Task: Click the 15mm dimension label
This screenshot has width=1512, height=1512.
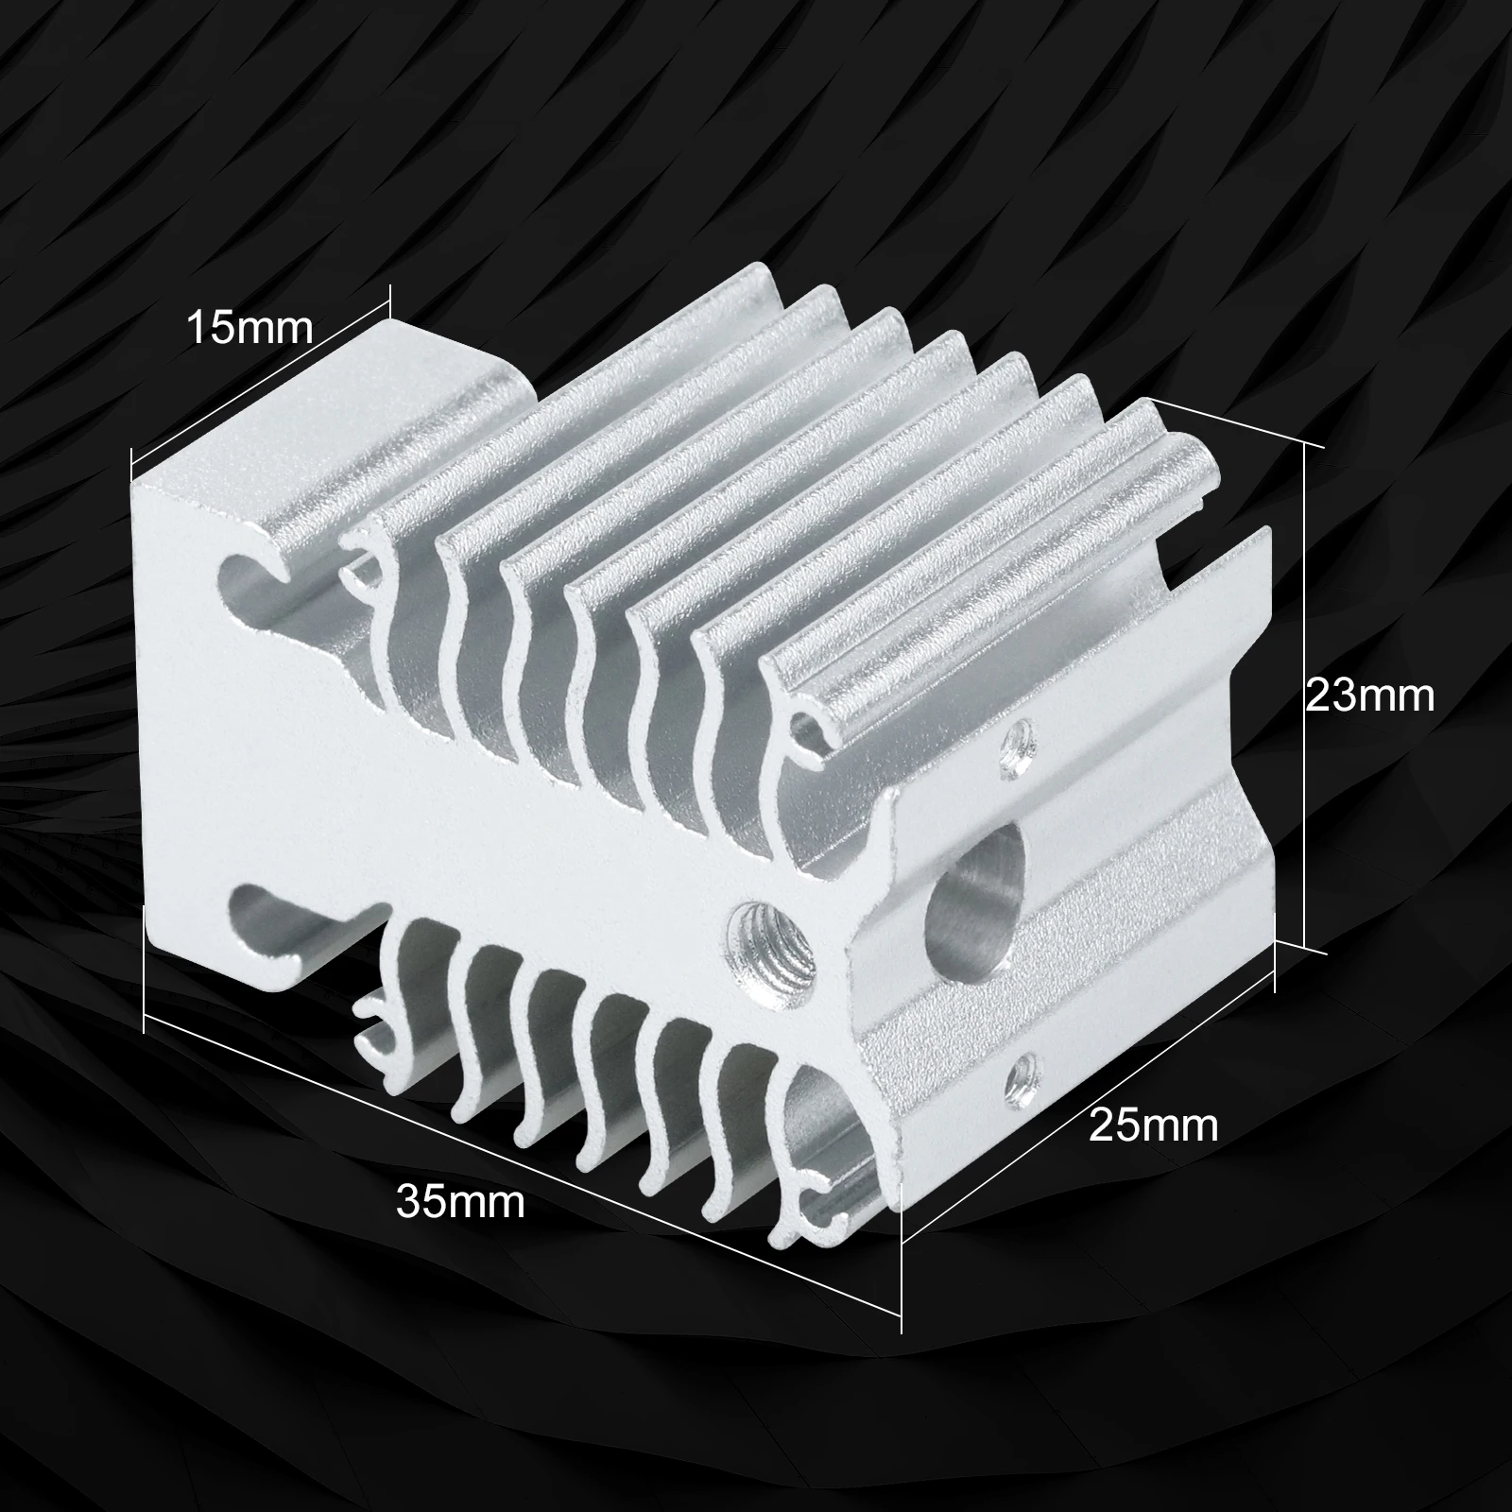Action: point(249,328)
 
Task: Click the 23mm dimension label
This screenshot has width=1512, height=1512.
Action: point(1369,696)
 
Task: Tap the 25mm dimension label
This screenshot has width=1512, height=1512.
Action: point(1154,1125)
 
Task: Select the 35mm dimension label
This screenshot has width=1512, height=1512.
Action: point(460,1202)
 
